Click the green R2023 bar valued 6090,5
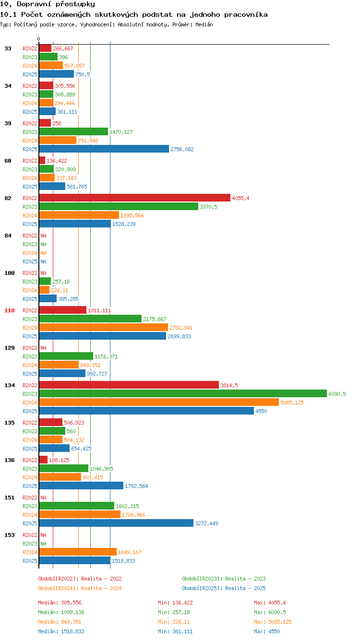(x=183, y=393)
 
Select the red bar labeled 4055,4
(x=135, y=198)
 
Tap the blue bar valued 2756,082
(x=104, y=149)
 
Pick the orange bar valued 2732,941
(x=104, y=327)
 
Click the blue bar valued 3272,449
(x=116, y=523)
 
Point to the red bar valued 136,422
(x=42, y=160)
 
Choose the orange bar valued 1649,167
(x=78, y=552)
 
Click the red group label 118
(x=10, y=310)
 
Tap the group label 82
(x=8, y=198)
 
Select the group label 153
(x=10, y=535)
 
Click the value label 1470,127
(x=121, y=132)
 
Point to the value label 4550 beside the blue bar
(x=261, y=411)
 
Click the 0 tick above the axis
(x=38, y=39)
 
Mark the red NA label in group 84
(x=43, y=236)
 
